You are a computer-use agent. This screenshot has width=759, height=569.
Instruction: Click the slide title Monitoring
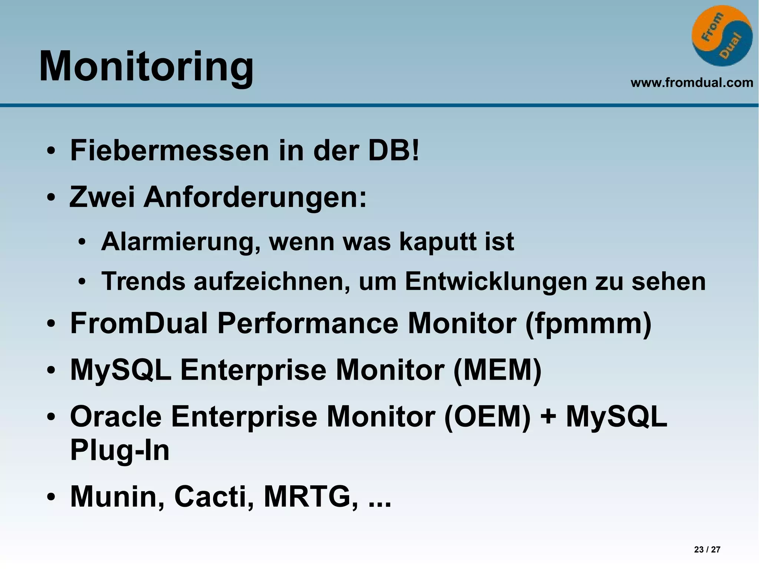(x=146, y=67)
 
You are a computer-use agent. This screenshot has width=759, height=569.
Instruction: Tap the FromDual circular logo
(x=722, y=36)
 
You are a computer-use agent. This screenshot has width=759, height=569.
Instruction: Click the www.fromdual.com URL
(x=692, y=82)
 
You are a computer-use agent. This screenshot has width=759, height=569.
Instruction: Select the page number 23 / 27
(x=707, y=549)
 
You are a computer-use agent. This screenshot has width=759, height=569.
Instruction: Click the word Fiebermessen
(x=170, y=150)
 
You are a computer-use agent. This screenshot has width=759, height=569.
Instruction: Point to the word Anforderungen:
(x=255, y=197)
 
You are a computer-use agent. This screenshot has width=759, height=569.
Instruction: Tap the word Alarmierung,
(x=180, y=242)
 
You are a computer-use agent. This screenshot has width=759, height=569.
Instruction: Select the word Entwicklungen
(x=496, y=282)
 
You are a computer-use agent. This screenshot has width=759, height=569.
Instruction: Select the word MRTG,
(x=311, y=497)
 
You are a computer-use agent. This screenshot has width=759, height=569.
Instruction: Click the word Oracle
(x=116, y=417)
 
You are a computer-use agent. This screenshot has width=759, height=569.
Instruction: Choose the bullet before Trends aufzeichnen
(x=82, y=282)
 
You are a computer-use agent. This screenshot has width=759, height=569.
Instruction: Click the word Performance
(x=308, y=323)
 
